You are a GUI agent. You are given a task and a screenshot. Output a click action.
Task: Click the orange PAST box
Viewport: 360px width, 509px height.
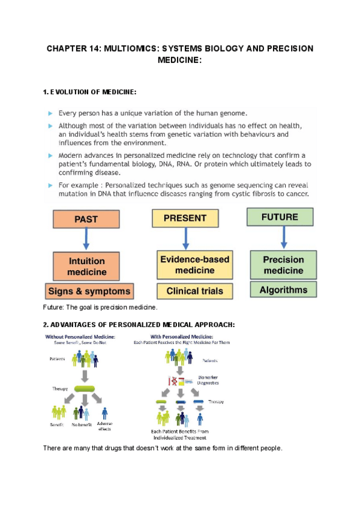86,220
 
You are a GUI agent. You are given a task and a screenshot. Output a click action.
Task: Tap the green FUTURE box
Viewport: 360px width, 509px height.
280,216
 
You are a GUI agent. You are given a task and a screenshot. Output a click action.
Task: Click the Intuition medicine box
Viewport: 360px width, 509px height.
86,267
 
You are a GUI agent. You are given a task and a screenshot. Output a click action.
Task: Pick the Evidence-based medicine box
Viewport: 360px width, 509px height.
187,265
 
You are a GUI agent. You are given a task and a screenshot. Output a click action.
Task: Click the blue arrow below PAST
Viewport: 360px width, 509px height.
86,241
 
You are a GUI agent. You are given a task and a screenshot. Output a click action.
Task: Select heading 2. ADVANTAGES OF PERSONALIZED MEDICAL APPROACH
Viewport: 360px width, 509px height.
139,325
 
